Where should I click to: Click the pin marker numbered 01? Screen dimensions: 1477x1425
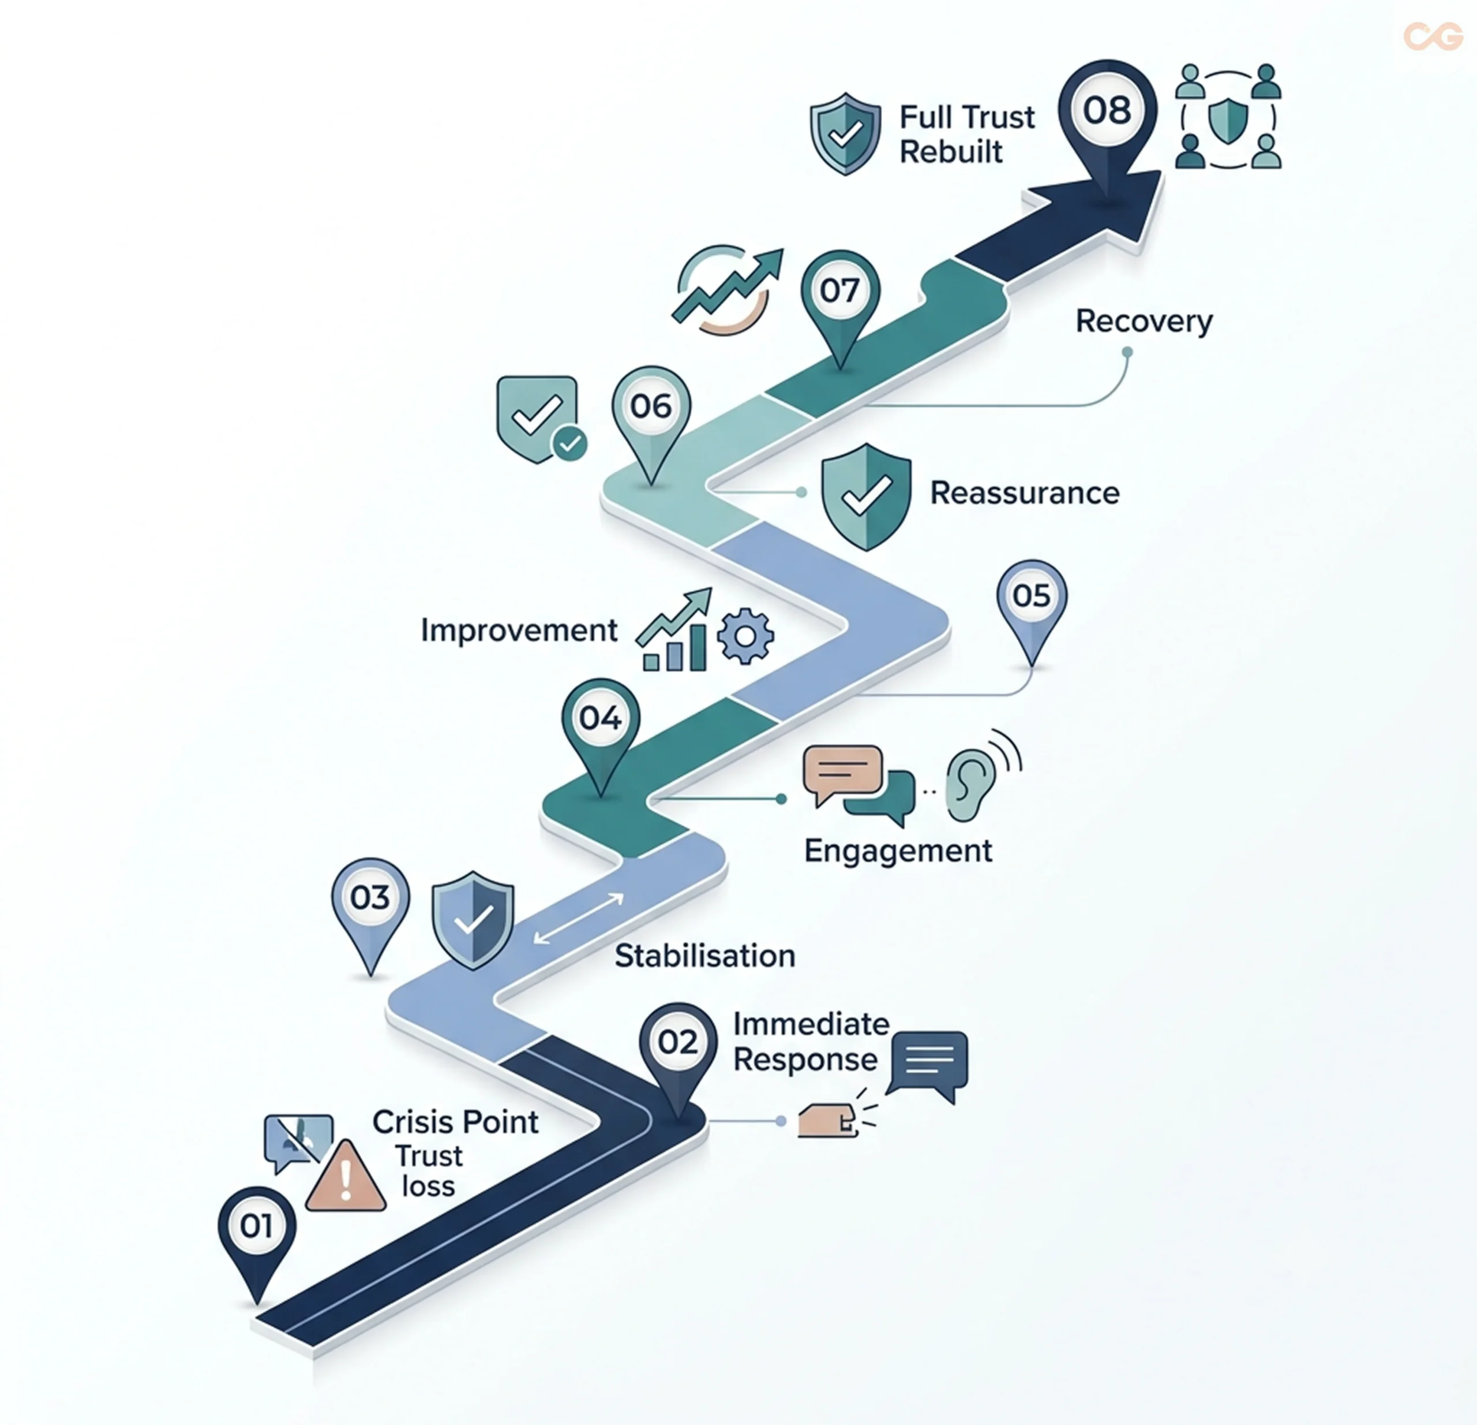[x=257, y=1237]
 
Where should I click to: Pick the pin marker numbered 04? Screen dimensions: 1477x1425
[x=601, y=728]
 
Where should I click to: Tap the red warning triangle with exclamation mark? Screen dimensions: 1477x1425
[x=346, y=1176]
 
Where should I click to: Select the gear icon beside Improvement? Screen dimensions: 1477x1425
[x=745, y=636]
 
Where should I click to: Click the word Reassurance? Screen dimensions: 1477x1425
[x=1025, y=493]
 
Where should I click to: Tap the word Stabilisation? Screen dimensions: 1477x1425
[x=704, y=956]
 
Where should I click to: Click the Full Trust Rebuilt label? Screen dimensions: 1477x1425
[x=967, y=134]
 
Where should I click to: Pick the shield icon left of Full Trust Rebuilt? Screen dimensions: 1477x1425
[x=845, y=133]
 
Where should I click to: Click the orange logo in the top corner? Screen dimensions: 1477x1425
[x=1433, y=36]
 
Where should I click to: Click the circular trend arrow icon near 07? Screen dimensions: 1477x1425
[x=725, y=289]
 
